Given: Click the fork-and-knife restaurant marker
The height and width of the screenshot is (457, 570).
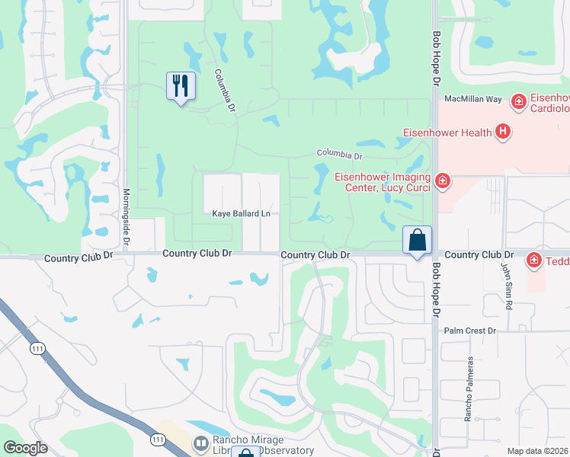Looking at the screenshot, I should pos(181,86).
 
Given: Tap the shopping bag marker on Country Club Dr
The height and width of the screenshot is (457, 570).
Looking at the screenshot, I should pos(418,241).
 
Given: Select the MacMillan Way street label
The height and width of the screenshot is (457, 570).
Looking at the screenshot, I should pos(474,99).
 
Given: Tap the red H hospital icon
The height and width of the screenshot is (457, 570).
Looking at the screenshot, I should pos(502,133).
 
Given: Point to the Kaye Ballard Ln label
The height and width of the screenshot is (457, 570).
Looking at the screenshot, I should pos(241,215).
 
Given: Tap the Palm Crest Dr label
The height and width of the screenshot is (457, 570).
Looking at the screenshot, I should pos(470,331).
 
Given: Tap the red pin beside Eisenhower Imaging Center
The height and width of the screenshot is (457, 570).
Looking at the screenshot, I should pos(443,181).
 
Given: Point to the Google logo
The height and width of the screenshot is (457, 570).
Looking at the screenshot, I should pos(25,448).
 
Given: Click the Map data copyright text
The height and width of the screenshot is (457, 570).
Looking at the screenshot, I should pos(537,451).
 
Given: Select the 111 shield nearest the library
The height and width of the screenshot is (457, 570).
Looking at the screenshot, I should pos(158,439).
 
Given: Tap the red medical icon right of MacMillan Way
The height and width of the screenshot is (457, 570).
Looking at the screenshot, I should pos(518,101).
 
